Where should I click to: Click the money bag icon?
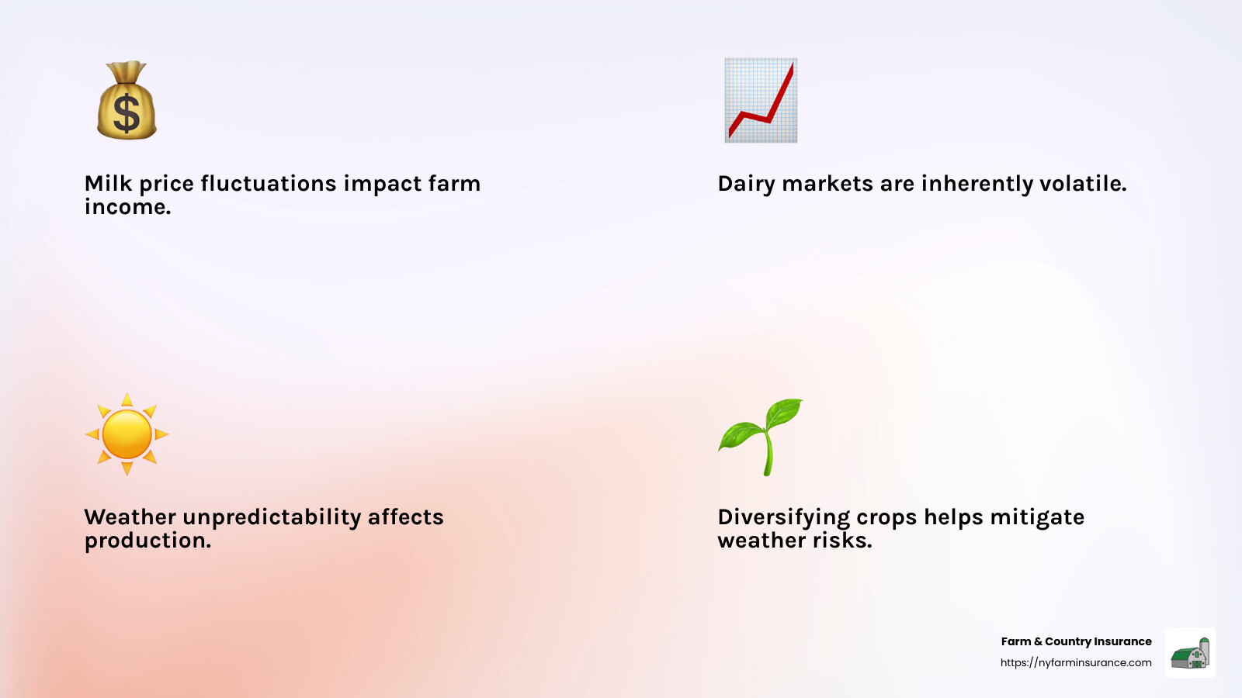pyautogui.click(x=127, y=101)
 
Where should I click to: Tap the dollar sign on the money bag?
pyautogui.click(x=127, y=113)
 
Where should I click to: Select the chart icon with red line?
pyautogui.click(x=761, y=100)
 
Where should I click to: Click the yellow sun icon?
pyautogui.click(x=127, y=434)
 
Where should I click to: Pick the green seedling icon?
pyautogui.click(x=761, y=436)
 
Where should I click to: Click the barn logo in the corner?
pyautogui.click(x=1190, y=653)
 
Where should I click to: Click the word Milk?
pyautogui.click(x=108, y=184)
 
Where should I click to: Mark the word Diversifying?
pyautogui.click(x=784, y=517)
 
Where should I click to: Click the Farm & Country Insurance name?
pyautogui.click(x=1076, y=641)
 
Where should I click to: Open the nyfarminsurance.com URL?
pyautogui.click(x=1076, y=662)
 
